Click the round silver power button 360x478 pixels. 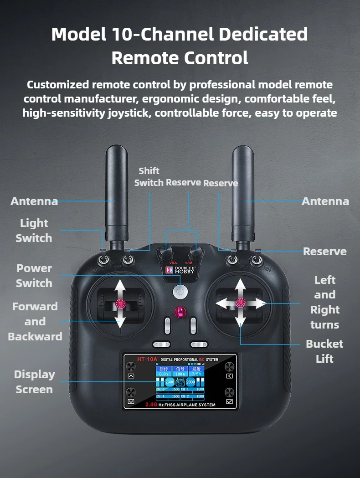[x=180, y=290]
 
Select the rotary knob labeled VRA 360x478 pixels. [x=165, y=253]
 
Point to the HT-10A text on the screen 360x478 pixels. [x=147, y=359]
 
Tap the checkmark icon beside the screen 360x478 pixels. [x=229, y=401]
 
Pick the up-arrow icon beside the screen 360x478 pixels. [x=131, y=376]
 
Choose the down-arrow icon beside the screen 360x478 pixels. [x=131, y=401]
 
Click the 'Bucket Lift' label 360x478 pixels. [x=324, y=351]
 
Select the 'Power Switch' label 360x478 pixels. [x=34, y=276]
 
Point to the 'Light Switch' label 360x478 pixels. [x=34, y=231]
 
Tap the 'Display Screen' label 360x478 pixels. [x=34, y=382]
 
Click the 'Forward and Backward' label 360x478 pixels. [x=35, y=321]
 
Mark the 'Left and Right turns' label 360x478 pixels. [x=325, y=302]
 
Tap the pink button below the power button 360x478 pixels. [x=180, y=313]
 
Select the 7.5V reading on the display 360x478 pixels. [x=196, y=374]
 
